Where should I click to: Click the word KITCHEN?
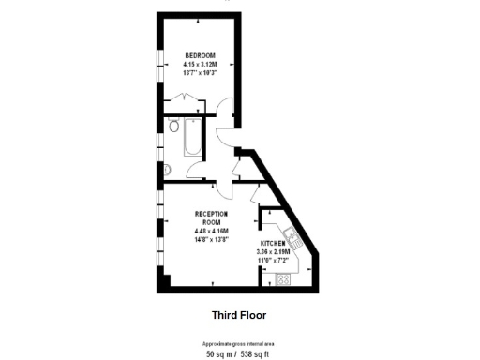(274, 243)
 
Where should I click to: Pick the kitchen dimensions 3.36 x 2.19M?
(274, 251)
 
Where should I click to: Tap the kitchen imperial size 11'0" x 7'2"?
(274, 260)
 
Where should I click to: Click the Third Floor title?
(239, 315)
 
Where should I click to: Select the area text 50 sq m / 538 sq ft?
(239, 354)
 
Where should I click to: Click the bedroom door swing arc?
(222, 108)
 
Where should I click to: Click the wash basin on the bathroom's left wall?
(167, 169)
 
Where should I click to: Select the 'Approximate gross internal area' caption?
(239, 344)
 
